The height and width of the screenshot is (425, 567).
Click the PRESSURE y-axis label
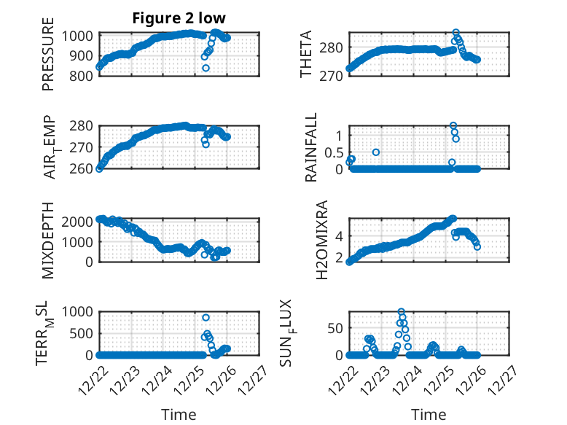pyautogui.click(x=48, y=58)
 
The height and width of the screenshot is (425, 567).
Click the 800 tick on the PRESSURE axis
pyautogui.click(x=82, y=77)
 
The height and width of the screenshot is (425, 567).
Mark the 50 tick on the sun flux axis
pyautogui.click(x=335, y=329)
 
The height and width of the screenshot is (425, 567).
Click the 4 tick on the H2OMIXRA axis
pyautogui.click(x=339, y=235)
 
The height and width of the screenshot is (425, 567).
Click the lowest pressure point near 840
pyautogui.click(x=206, y=68)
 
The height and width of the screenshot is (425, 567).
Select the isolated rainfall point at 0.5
pyautogui.click(x=376, y=152)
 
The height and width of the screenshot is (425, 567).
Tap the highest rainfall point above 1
pyautogui.click(x=453, y=126)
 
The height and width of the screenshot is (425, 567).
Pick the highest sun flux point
pyautogui.click(x=402, y=312)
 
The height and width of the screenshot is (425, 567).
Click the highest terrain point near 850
pyautogui.click(x=206, y=318)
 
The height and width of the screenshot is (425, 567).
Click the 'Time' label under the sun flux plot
pyautogui.click(x=429, y=414)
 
